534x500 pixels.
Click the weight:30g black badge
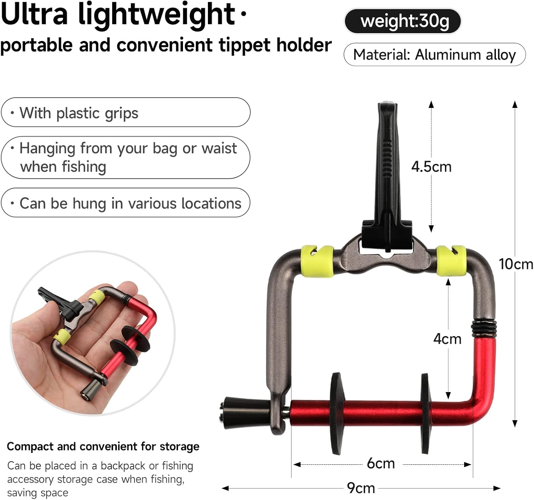[403, 21]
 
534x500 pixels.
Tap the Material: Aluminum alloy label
[435, 54]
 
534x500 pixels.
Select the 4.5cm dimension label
[431, 167]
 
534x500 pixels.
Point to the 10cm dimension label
[516, 264]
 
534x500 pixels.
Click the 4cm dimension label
[447, 339]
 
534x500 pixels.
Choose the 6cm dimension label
[381, 463]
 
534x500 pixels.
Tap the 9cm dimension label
[361, 488]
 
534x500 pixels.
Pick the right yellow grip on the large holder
[451, 260]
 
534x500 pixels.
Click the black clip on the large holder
[388, 178]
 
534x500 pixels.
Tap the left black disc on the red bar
[337, 413]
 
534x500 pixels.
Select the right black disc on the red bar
[426, 413]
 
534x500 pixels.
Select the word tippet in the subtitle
[245, 46]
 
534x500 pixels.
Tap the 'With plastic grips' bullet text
[79, 113]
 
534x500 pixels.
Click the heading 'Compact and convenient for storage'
[103, 447]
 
